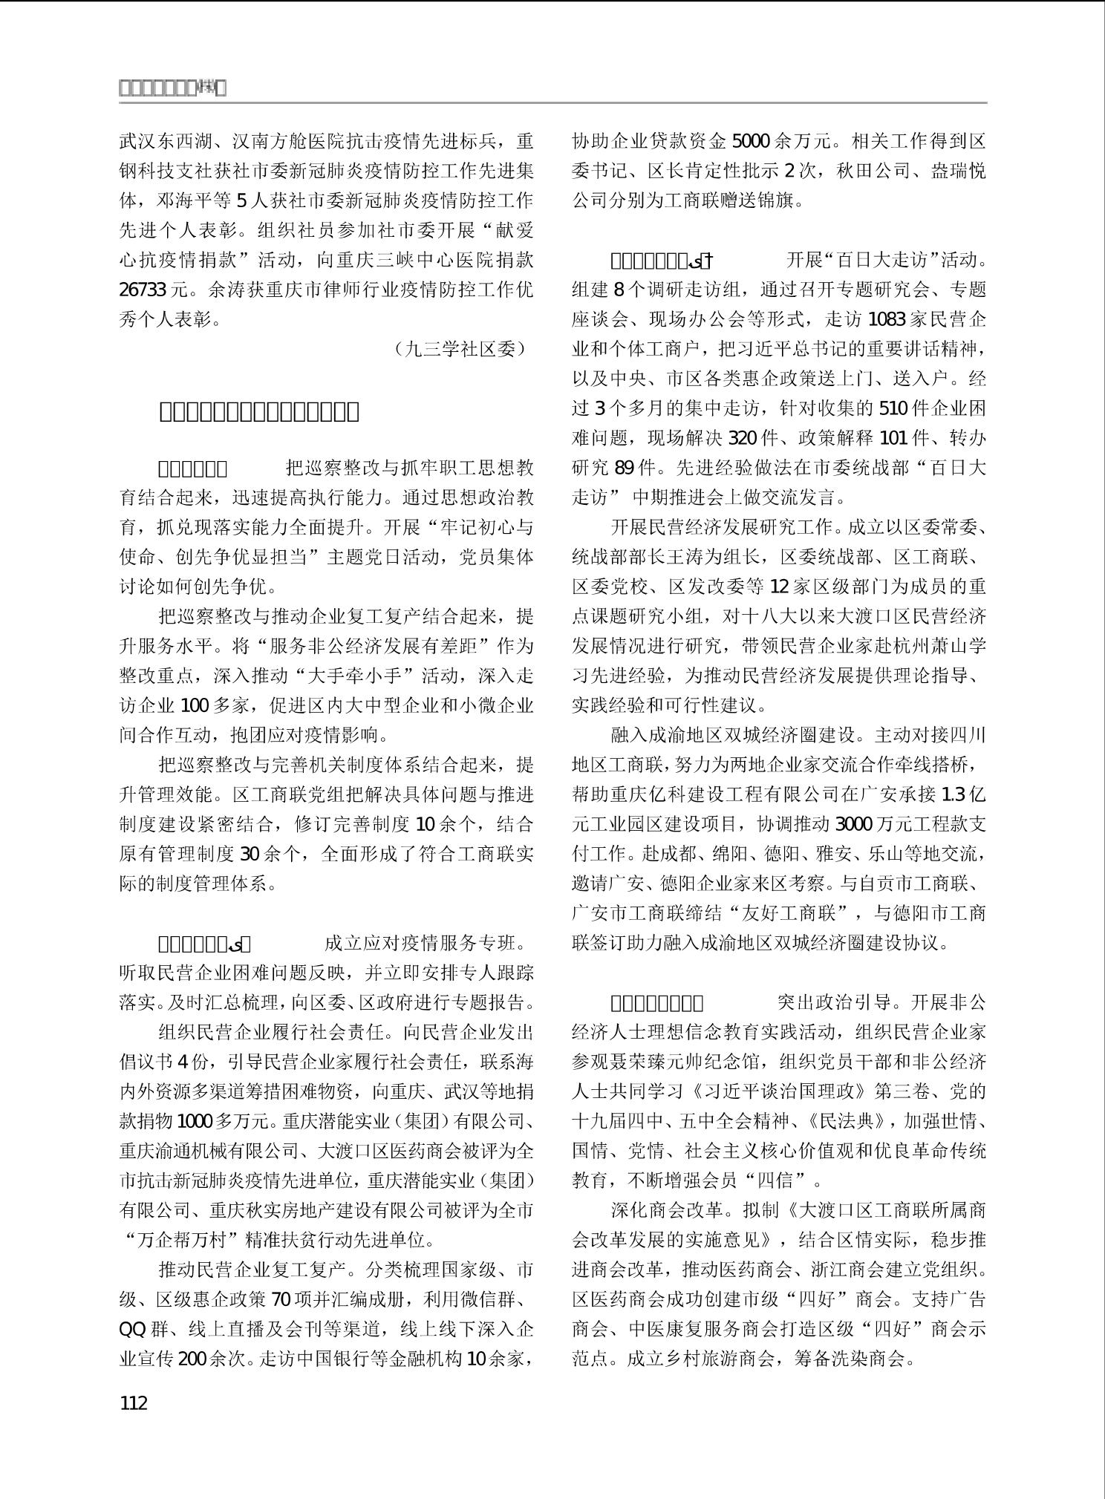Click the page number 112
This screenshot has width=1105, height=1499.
134,1402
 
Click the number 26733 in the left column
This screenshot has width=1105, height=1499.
143,290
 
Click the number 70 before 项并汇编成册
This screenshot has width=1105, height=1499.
282,1299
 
